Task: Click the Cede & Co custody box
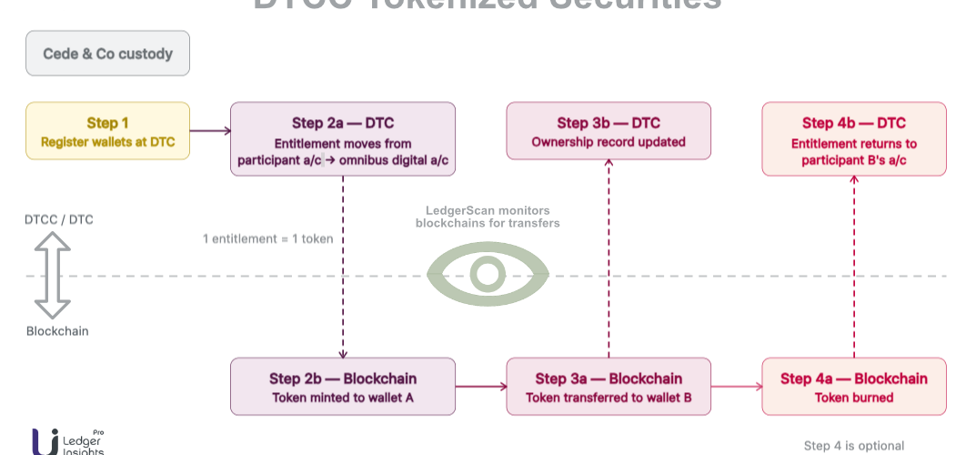[x=107, y=54]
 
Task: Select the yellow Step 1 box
[x=107, y=131]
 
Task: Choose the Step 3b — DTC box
[x=609, y=131]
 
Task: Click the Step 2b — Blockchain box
[x=342, y=387]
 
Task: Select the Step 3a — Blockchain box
[x=609, y=387]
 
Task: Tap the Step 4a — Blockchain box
[x=854, y=387]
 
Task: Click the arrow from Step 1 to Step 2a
[x=210, y=131]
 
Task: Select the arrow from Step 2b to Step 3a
[x=480, y=387]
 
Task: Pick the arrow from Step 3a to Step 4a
[x=736, y=387]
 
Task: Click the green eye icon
[x=488, y=274]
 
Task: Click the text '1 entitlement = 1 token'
[x=267, y=239]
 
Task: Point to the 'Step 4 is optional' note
[x=853, y=446]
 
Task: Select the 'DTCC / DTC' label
[x=58, y=219]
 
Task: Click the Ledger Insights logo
[x=68, y=442]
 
